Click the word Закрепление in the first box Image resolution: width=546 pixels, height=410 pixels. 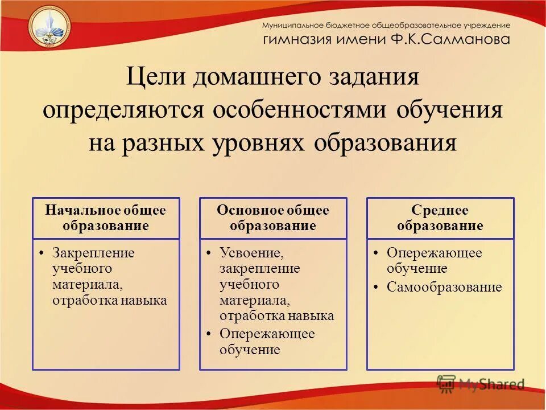pos(93,253)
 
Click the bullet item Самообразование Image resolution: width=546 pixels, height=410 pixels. pos(444,287)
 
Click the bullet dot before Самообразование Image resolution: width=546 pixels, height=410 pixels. pos(377,287)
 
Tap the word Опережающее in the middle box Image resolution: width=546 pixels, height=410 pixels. pos(267,334)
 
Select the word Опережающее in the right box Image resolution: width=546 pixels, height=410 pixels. pos(434,253)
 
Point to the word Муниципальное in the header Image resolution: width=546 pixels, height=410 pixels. pos(292,26)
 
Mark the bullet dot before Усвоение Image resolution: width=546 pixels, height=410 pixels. pos(209,253)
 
